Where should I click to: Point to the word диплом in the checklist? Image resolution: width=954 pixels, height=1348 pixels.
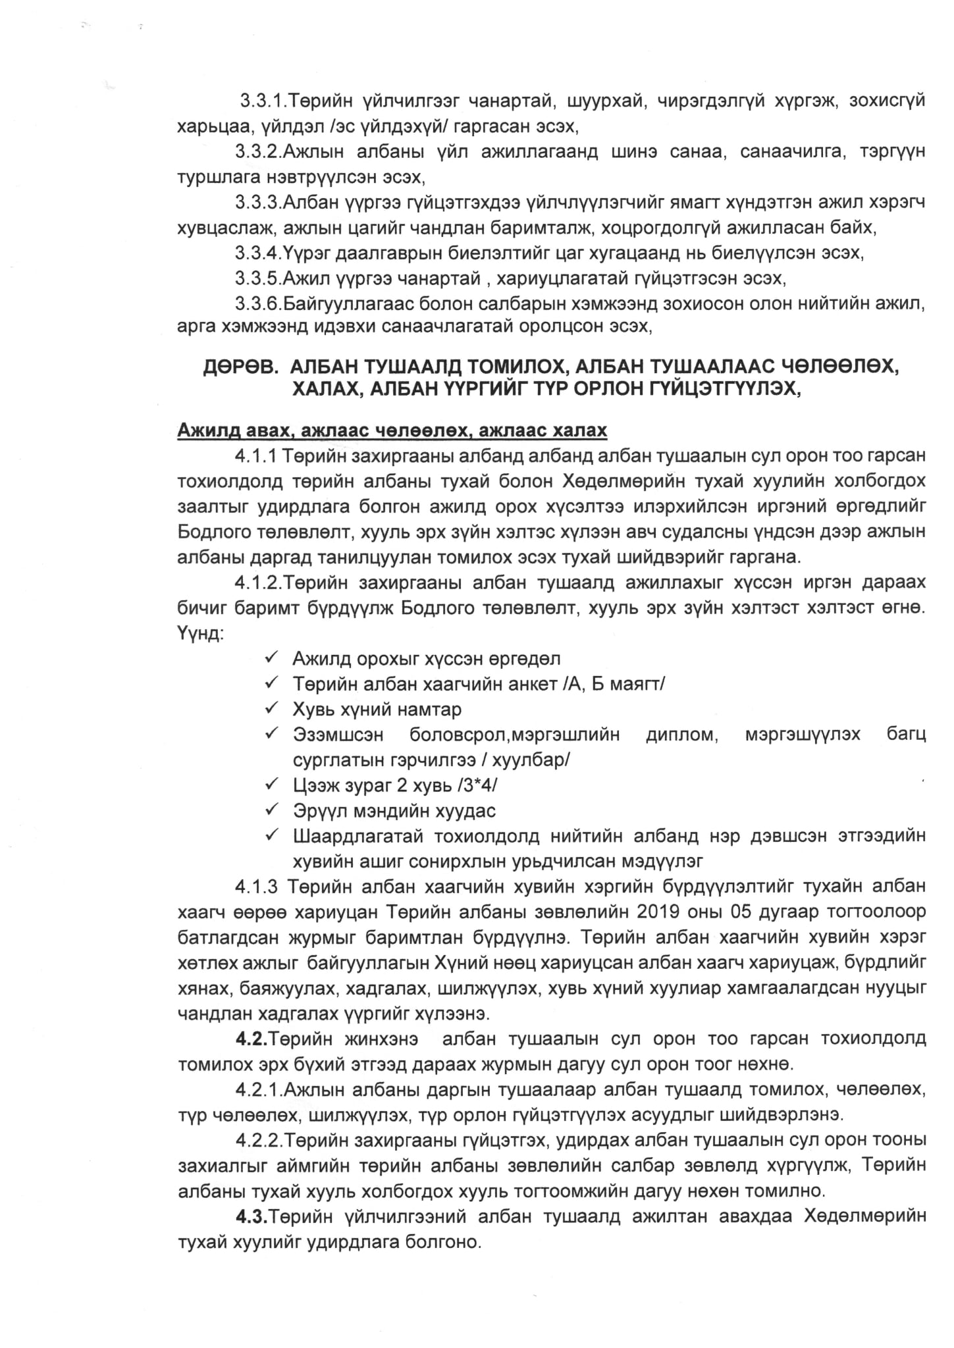(683, 735)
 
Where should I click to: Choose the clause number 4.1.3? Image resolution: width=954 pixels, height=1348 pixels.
(255, 887)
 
